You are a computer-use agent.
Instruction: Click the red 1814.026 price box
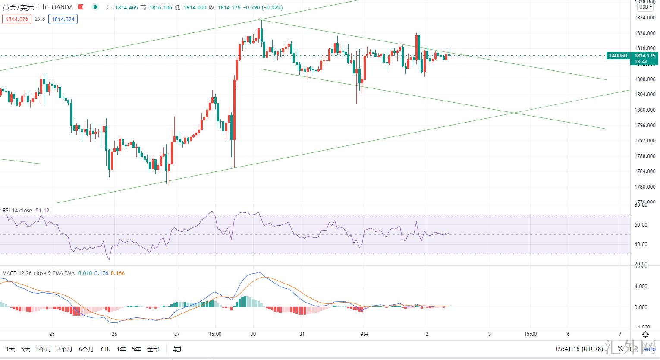tap(17, 19)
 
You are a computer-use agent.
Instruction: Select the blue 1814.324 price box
tap(63, 19)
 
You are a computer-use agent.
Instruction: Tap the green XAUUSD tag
tap(618, 56)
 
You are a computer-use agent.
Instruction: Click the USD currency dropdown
tap(645, 7)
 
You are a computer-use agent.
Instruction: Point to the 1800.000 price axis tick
tap(645, 110)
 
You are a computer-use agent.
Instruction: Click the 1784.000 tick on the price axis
tap(645, 171)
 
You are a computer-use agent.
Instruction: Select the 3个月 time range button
tap(65, 349)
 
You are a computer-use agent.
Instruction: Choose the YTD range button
tap(105, 349)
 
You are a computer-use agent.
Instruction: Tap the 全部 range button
tap(153, 349)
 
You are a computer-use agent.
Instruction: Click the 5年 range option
tap(136, 349)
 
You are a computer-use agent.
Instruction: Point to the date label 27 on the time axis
tap(177, 334)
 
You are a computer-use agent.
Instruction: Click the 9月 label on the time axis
tap(365, 334)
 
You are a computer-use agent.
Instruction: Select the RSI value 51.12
tap(42, 211)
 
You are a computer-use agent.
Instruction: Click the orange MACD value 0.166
tap(118, 273)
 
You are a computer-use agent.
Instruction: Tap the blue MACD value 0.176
tap(101, 273)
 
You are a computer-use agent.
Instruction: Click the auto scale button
tap(650, 349)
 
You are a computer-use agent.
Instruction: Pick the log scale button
tap(634, 349)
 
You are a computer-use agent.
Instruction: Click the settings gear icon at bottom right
tap(645, 335)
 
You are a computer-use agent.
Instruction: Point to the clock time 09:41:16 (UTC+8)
tap(579, 349)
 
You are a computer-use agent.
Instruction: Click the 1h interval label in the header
tap(42, 7)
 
